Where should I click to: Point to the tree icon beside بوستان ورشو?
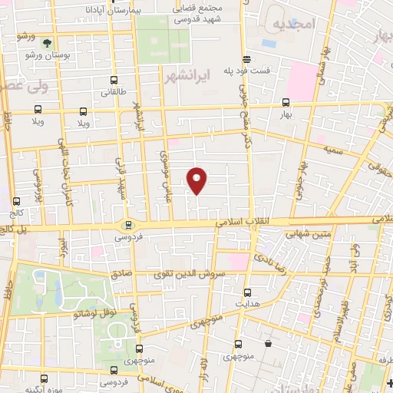tap(48, 44)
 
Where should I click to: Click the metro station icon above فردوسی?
tap(128, 226)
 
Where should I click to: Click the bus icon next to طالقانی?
tap(114, 80)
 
